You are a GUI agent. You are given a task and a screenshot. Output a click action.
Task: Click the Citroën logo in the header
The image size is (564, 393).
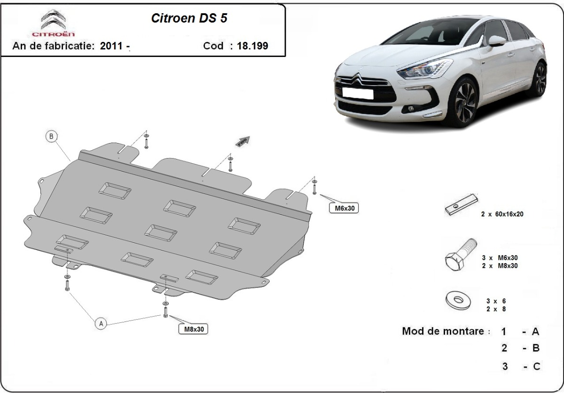tap(54, 23)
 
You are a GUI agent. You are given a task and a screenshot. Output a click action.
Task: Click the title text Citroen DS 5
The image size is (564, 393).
tap(189, 18)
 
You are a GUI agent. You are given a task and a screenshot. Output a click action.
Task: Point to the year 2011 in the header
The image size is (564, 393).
tap(111, 46)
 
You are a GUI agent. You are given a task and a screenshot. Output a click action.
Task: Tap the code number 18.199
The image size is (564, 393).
tap(252, 46)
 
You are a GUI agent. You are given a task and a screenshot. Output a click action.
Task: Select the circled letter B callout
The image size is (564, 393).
tap(51, 136)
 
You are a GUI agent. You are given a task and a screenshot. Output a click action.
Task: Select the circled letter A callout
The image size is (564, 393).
tap(101, 323)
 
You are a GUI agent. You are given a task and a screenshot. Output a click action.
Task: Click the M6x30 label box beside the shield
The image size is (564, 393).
tap(344, 208)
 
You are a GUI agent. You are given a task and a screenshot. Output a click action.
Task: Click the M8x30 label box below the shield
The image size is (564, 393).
tap(193, 329)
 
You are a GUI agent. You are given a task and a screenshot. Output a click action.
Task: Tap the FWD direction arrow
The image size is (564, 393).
tap(243, 141)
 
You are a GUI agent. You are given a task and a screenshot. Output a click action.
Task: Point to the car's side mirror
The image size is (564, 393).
tap(497, 41)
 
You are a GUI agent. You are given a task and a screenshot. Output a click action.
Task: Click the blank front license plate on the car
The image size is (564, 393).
tap(358, 93)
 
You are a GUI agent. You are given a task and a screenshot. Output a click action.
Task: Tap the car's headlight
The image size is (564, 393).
tap(425, 69)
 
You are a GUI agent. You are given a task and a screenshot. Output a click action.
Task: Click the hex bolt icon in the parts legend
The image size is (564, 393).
tap(461, 255)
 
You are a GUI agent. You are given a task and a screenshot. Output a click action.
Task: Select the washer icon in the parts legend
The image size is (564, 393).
tap(458, 300)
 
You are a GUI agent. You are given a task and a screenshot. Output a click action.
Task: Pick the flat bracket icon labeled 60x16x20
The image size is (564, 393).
tap(461, 204)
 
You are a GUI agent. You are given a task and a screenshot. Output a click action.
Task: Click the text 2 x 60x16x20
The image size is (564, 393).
tap(502, 214)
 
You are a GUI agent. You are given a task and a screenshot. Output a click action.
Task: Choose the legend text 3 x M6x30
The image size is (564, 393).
tap(500, 257)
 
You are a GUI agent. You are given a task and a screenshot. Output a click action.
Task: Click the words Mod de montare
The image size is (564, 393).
tap(443, 331)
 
